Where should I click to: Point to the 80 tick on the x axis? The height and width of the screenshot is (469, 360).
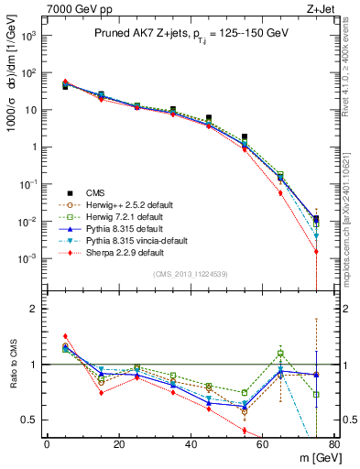334,444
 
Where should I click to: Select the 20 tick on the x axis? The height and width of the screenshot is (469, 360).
118,444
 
